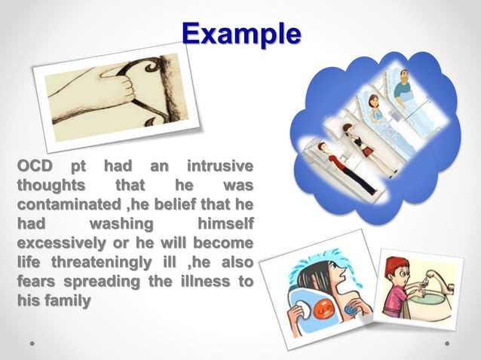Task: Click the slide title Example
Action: click(241, 34)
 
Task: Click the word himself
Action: click(224, 224)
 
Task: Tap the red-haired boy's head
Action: click(395, 268)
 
